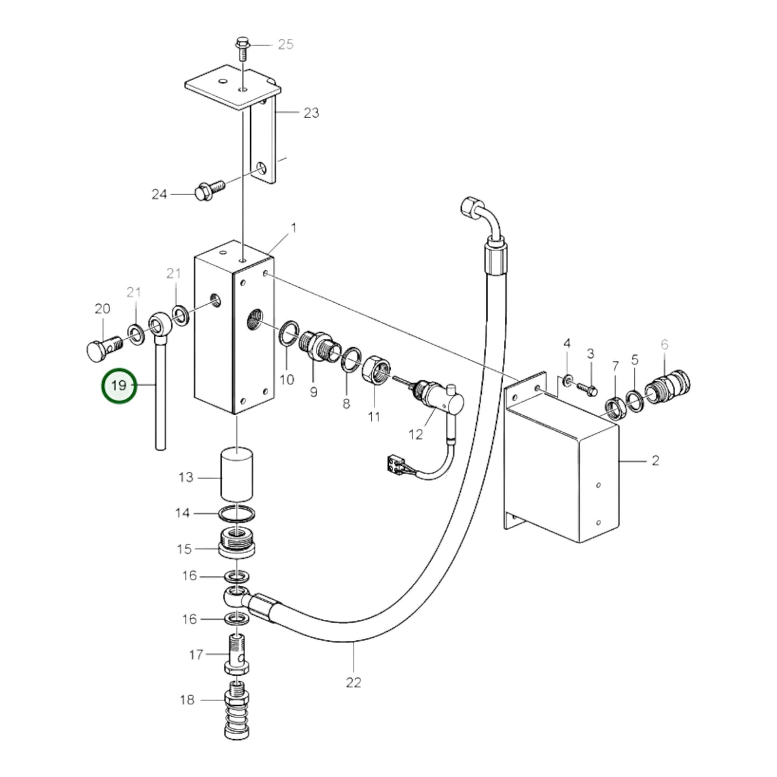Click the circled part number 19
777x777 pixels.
(119, 386)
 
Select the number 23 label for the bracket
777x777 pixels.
(311, 113)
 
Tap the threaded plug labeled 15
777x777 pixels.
(237, 544)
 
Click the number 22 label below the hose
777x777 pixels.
(353, 682)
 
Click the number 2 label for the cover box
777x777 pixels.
(655, 461)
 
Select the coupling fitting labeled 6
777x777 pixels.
(669, 385)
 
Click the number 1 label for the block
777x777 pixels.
(294, 228)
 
